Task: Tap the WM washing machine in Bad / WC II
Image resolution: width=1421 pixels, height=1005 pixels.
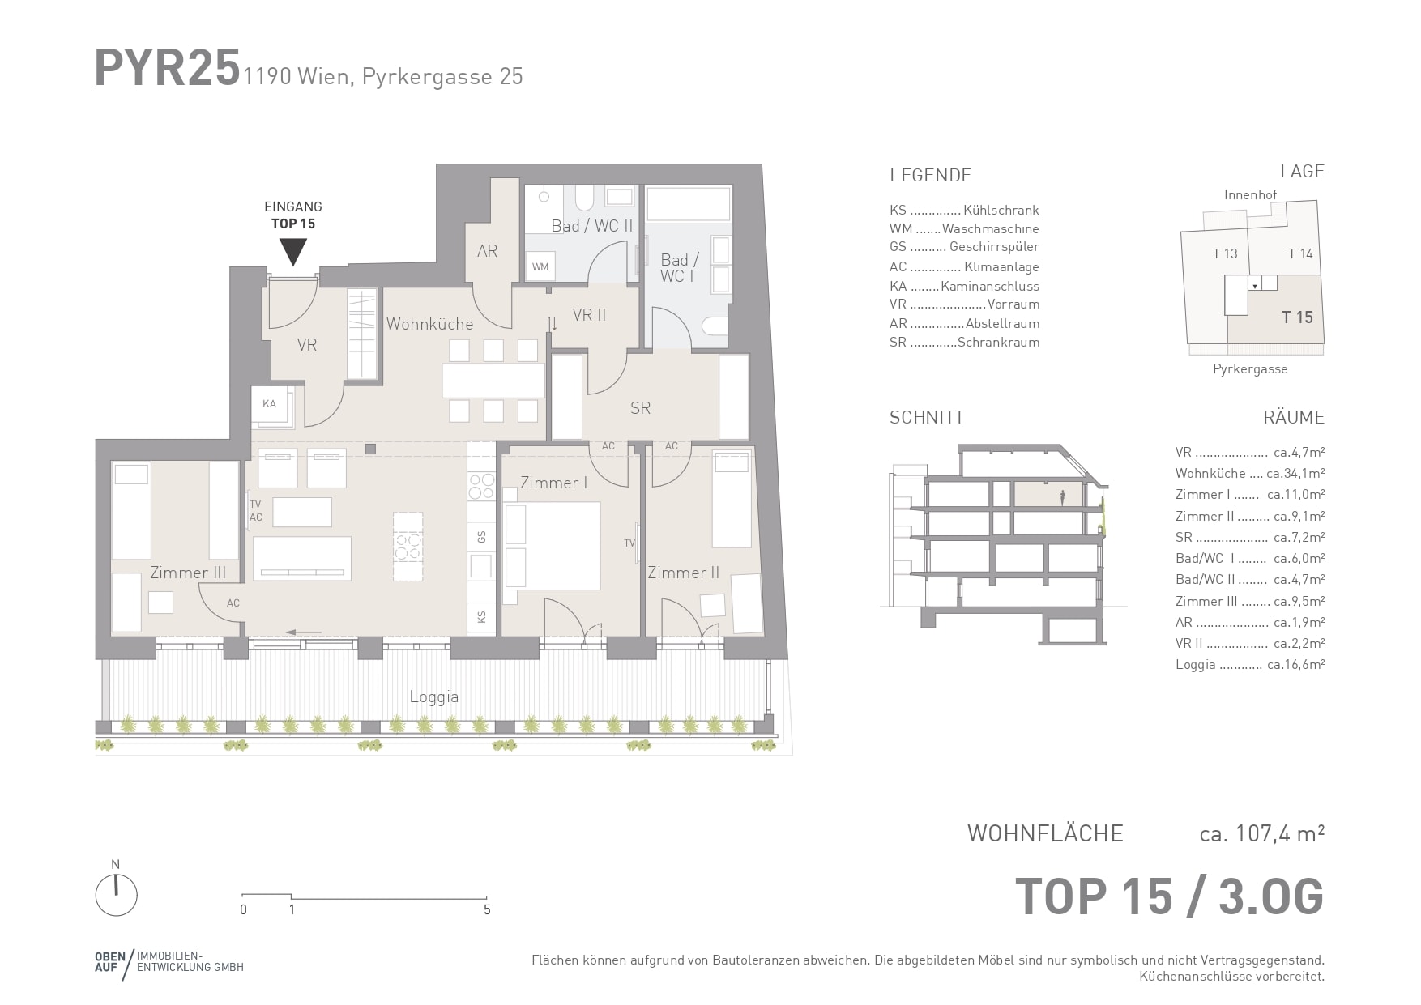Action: click(x=540, y=266)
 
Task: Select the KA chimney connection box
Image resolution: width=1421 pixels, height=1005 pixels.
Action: click(x=269, y=403)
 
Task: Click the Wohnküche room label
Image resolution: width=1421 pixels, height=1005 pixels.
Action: click(x=429, y=324)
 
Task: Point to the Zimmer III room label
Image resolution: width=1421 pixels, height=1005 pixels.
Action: click(x=188, y=573)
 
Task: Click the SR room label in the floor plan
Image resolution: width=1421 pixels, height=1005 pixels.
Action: click(x=640, y=408)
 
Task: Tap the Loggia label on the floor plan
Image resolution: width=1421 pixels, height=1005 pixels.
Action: click(x=434, y=696)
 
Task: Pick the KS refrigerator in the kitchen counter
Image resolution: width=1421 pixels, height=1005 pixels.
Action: click(x=481, y=616)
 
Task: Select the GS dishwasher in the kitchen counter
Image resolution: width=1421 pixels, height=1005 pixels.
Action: click(x=481, y=537)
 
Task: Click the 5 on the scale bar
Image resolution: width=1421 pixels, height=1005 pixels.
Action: click(x=487, y=909)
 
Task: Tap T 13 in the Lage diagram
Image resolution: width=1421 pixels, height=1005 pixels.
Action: click(x=1225, y=253)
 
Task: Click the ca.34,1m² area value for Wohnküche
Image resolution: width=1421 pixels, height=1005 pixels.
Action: click(x=1295, y=473)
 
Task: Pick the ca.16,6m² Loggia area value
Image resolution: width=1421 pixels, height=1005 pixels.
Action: click(x=1295, y=665)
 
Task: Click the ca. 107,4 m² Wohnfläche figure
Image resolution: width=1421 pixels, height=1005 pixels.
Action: click(x=1262, y=833)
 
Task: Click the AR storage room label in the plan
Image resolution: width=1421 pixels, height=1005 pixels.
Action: click(x=487, y=251)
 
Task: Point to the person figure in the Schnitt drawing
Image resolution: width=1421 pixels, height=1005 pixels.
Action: click(x=1063, y=498)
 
